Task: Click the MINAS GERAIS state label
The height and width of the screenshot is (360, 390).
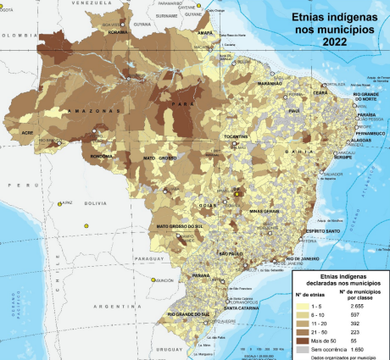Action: coord(264,211)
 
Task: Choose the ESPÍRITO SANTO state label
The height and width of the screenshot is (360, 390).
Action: coord(299,230)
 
